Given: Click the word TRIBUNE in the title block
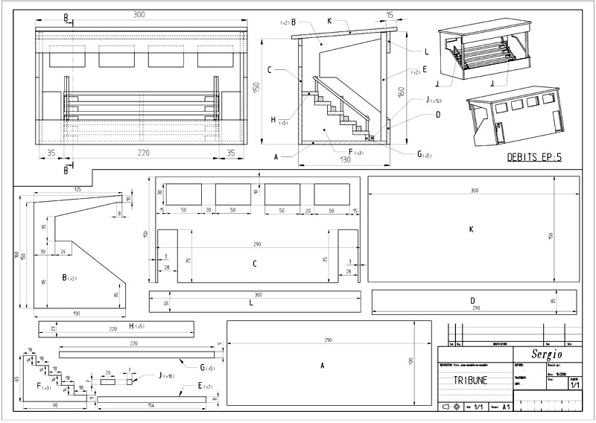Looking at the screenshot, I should click(470, 379).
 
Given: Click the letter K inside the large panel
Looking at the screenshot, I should click(472, 229).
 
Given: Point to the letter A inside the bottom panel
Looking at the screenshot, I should click(322, 366).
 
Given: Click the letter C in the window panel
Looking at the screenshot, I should click(255, 263).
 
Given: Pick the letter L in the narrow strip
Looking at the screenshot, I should click(251, 304).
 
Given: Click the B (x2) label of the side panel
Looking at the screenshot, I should click(68, 278).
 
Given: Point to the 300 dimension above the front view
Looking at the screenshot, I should click(139, 14).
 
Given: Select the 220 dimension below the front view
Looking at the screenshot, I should click(143, 153).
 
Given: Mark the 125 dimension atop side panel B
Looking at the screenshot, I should click(77, 190).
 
